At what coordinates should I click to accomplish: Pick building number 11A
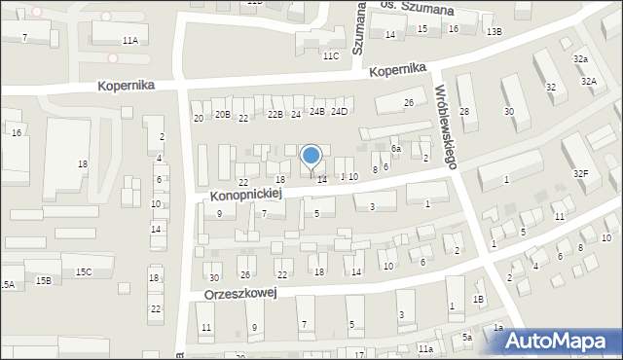129,40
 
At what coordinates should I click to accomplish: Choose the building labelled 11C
331,55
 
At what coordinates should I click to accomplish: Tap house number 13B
495,32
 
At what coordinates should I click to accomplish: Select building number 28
464,112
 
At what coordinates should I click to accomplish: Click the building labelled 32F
581,173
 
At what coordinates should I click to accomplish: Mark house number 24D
339,112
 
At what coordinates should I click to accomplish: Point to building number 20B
223,115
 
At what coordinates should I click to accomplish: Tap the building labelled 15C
84,271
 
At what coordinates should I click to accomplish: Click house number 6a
396,148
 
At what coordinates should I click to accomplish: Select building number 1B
478,299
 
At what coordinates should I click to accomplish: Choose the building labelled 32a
581,59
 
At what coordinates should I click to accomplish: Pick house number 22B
275,115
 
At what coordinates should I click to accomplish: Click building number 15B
43,280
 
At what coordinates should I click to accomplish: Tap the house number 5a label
467,337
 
